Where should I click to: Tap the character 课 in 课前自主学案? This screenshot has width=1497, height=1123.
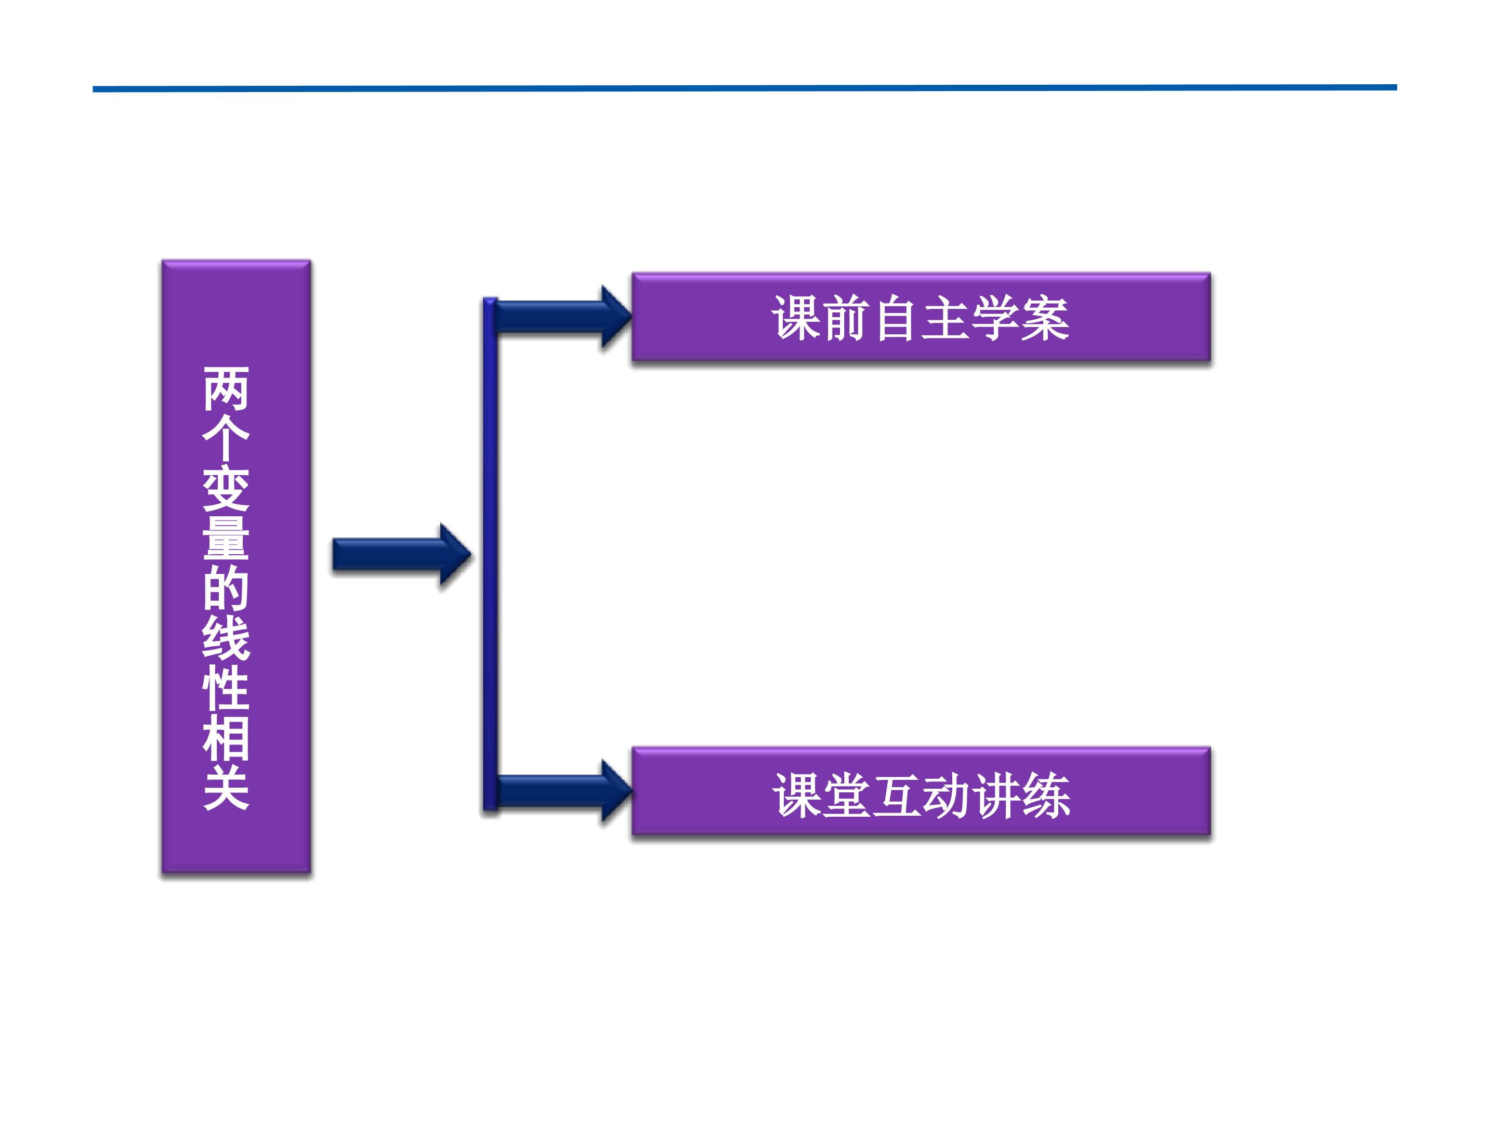pos(796,318)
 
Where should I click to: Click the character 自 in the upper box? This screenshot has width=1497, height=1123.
pos(896,318)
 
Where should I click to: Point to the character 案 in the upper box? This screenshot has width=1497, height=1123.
pos(1046,318)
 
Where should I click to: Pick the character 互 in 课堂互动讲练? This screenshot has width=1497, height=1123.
pos(896,795)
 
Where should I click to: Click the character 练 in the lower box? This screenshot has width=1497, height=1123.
pos(1046,795)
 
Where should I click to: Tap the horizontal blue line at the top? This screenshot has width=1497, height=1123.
pos(744,88)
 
